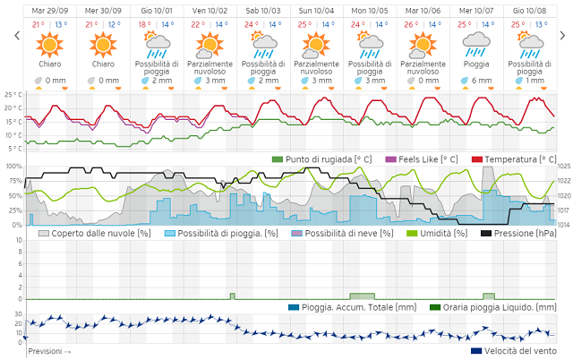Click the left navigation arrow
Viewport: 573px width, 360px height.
tap(16, 36)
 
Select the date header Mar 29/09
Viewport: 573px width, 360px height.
tap(50, 11)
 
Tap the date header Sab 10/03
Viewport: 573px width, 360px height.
tap(263, 11)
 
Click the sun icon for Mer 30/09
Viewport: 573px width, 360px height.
tap(103, 44)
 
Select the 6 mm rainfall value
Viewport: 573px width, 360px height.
tap(481, 81)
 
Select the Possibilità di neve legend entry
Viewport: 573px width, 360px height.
tap(341, 233)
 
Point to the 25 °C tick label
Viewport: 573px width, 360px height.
tap(13, 94)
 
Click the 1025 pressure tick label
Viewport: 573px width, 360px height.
tap(563, 167)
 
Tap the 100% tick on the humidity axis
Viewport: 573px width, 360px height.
tap(13, 167)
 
